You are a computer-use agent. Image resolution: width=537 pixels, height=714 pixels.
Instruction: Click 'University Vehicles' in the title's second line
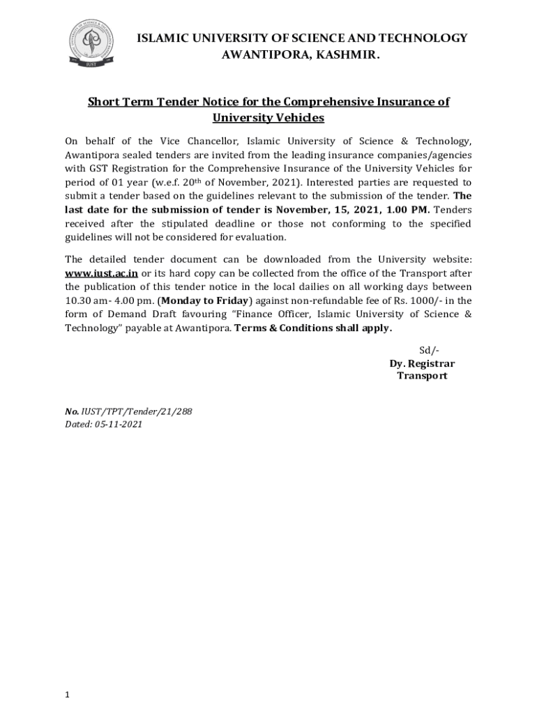[x=268, y=118]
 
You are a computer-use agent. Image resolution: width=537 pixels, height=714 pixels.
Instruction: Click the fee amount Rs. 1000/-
[x=411, y=301]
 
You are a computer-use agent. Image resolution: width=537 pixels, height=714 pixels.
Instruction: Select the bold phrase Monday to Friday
[x=204, y=301]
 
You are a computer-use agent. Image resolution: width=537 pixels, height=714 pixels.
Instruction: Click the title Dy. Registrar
[x=422, y=363]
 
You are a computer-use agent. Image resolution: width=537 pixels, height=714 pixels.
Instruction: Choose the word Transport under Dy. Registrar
[x=422, y=376]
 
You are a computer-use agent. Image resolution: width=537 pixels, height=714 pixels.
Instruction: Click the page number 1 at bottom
[x=67, y=694]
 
